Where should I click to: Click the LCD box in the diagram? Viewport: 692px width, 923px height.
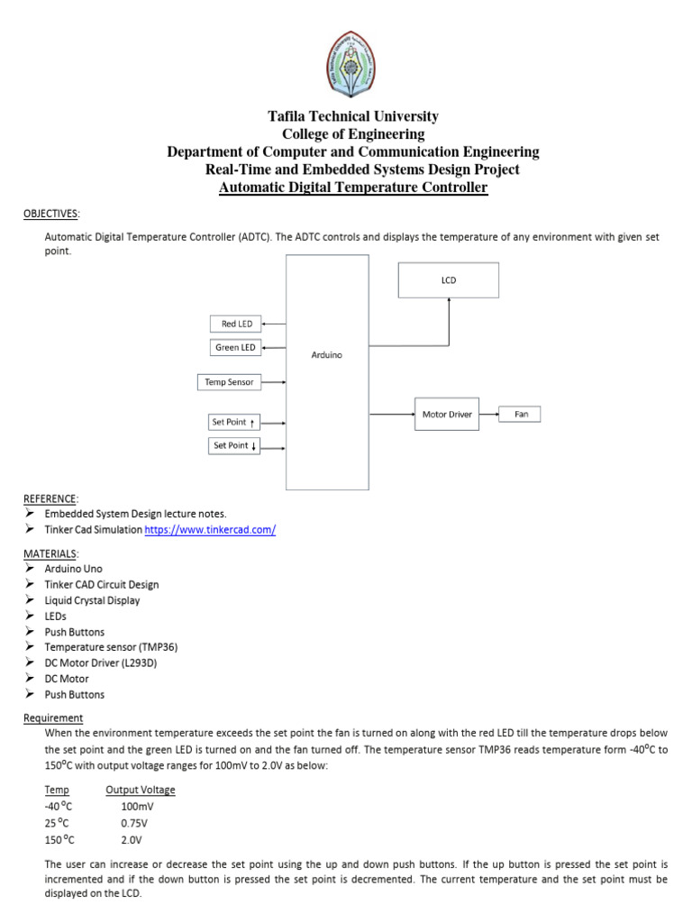(x=449, y=280)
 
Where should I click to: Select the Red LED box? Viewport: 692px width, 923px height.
(x=235, y=324)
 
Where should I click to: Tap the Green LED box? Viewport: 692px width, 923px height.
(x=235, y=347)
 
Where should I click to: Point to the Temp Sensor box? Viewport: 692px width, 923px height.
(x=228, y=382)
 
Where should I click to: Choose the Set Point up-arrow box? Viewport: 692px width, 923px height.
(x=233, y=421)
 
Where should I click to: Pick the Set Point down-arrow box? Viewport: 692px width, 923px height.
(x=233, y=445)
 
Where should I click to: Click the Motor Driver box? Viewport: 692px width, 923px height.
(x=447, y=415)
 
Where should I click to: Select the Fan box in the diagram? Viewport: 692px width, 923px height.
(x=521, y=415)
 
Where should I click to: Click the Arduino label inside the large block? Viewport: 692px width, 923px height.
(x=326, y=355)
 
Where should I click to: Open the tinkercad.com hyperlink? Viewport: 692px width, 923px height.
(x=210, y=530)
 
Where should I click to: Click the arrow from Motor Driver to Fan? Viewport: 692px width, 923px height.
(x=489, y=415)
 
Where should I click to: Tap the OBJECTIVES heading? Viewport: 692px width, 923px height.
(x=50, y=214)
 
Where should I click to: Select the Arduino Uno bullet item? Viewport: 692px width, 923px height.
(x=74, y=569)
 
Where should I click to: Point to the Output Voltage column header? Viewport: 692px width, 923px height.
(x=141, y=790)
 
